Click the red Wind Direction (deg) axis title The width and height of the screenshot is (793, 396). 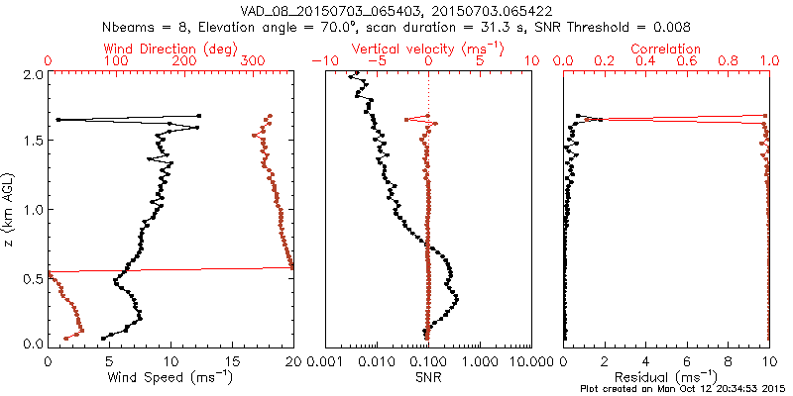point(170,49)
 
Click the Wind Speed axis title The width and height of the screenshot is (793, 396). point(171,377)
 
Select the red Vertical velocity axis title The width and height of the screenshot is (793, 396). point(428,49)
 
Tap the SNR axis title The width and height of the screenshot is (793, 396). point(428,377)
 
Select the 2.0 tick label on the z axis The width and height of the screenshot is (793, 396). point(33,75)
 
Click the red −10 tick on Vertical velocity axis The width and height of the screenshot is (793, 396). point(322,61)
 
